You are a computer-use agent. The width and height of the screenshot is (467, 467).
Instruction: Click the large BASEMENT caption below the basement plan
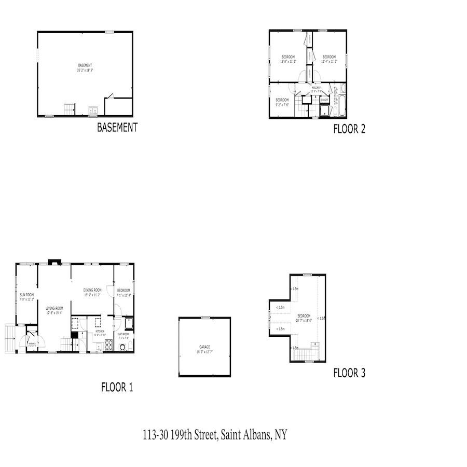click(x=117, y=128)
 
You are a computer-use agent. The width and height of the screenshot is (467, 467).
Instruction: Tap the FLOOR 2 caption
click(x=349, y=129)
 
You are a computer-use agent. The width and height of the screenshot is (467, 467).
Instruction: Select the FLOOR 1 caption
click(x=117, y=387)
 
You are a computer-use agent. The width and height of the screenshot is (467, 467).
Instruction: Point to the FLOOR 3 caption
click(x=349, y=373)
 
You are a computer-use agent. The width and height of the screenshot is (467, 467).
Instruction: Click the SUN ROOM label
click(x=26, y=295)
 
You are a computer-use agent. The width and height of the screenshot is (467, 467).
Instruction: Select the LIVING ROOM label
click(x=54, y=308)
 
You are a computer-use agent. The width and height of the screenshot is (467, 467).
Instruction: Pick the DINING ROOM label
click(x=92, y=290)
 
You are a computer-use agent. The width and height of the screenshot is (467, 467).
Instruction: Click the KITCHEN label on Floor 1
click(x=100, y=331)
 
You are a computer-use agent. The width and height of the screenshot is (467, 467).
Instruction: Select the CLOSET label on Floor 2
click(x=324, y=100)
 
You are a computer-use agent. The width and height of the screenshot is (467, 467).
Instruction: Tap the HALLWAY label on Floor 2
click(x=316, y=88)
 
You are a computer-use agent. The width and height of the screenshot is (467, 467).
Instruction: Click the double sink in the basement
click(x=93, y=110)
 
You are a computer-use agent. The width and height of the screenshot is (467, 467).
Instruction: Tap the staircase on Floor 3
click(x=301, y=355)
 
